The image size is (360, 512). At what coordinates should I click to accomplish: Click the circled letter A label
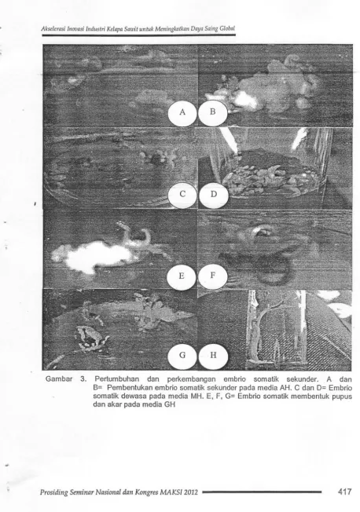[x=182, y=112]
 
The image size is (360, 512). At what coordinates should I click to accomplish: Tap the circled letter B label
[x=212, y=112]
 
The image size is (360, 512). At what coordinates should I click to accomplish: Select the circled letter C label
[x=182, y=194]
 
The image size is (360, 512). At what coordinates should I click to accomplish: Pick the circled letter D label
[x=213, y=194]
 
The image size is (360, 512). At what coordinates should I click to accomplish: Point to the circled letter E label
[x=182, y=276]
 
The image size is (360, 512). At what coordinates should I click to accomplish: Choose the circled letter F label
[x=212, y=276]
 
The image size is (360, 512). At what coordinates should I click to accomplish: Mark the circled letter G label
[x=182, y=355]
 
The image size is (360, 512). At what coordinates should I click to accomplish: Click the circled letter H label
[x=213, y=355]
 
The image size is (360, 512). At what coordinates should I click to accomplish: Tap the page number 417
[x=344, y=492]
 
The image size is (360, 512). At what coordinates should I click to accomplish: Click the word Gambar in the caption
[x=59, y=379]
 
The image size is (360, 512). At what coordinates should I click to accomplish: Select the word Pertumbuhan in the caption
[x=116, y=379]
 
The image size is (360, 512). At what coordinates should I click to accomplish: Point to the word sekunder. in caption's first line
[x=302, y=379]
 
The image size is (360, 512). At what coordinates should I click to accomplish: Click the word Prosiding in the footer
[x=53, y=492]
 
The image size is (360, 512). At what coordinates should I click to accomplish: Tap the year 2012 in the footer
[x=191, y=492]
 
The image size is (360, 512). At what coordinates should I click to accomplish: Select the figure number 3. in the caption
[x=83, y=379]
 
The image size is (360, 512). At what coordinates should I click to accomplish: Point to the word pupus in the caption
[x=343, y=397]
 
